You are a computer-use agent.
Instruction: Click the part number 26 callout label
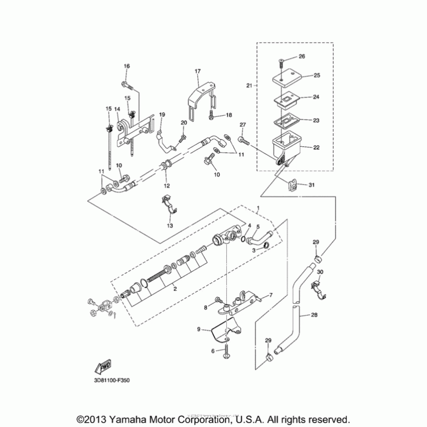point(301,56)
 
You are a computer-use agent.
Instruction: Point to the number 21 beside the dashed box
point(249,85)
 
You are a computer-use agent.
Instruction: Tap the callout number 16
point(127,66)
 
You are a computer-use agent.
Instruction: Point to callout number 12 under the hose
point(167,185)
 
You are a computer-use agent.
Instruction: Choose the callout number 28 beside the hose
point(314,315)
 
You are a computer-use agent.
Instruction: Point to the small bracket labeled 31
point(291,185)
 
